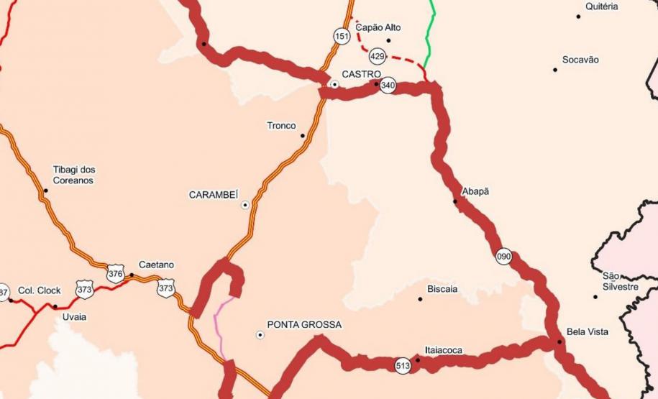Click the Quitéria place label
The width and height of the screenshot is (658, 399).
(x=601, y=6)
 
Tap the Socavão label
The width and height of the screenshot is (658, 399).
(x=580, y=60)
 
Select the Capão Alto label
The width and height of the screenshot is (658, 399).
(x=378, y=27)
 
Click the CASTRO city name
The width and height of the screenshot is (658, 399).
(x=361, y=74)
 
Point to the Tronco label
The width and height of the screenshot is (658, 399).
(x=281, y=126)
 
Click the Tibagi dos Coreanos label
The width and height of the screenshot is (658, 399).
(x=73, y=175)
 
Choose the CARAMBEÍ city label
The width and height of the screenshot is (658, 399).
(x=213, y=195)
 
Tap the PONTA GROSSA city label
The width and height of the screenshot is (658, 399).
(x=304, y=325)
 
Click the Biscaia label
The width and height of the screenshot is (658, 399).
(x=442, y=289)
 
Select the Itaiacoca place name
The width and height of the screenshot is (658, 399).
(x=444, y=350)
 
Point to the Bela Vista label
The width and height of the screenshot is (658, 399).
(x=588, y=331)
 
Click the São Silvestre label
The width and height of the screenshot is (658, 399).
(x=620, y=281)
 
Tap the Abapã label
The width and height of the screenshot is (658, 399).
(x=475, y=191)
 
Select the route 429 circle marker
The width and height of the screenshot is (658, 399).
(x=378, y=56)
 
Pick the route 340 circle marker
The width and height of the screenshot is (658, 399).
(x=388, y=86)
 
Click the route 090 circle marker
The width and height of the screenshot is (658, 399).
(x=504, y=256)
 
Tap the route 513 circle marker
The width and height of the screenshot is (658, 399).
(x=403, y=367)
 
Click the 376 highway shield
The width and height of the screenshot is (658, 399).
(x=115, y=273)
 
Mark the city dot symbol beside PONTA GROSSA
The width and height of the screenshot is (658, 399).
(x=260, y=335)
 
